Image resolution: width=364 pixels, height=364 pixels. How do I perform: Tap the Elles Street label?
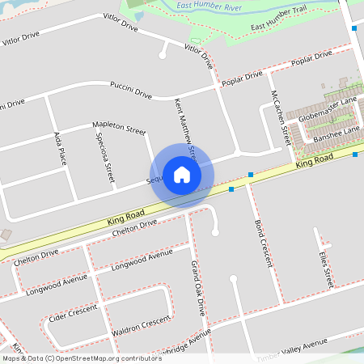pyautogui.click(x=326, y=269)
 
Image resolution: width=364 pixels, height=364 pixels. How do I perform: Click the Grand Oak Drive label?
pyautogui.click(x=197, y=287)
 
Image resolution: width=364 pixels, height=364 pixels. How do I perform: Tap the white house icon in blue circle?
pyautogui.click(x=182, y=175)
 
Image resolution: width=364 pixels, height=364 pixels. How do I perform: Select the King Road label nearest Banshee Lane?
pyautogui.click(x=315, y=163)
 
